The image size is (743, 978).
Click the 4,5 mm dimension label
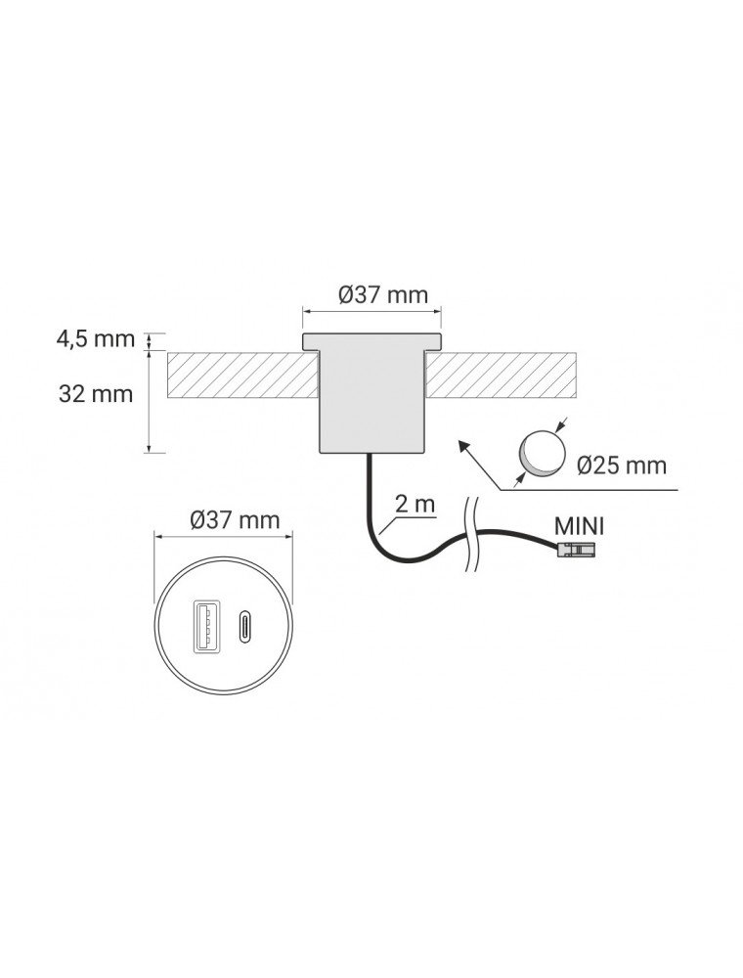coord(96,339)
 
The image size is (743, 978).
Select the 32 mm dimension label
coord(96,394)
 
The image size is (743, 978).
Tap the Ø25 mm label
coord(622,466)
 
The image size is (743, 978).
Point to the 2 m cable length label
coord(415,504)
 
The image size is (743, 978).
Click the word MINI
coord(579,526)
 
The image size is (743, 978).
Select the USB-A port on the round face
coord(203,626)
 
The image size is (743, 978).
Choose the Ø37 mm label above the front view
coord(235,519)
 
